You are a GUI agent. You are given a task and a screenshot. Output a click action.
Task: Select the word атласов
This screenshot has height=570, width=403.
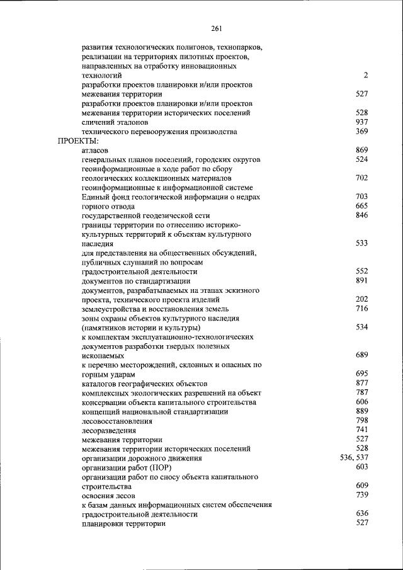pyautogui.click(x=95, y=151)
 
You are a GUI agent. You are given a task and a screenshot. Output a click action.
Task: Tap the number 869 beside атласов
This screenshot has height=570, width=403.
pyautogui.click(x=361, y=151)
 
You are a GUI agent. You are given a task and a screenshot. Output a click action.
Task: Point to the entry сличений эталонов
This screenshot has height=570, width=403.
pyautogui.click(x=115, y=122)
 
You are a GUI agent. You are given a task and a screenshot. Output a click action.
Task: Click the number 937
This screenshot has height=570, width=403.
pyautogui.click(x=361, y=122)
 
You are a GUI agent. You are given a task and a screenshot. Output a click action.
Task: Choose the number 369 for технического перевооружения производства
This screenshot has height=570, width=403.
pyautogui.click(x=361, y=132)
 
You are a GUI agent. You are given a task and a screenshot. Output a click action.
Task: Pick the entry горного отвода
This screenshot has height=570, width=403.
pyautogui.click(x=108, y=207)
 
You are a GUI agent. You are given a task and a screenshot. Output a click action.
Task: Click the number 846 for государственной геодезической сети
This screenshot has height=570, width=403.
pyautogui.click(x=361, y=215)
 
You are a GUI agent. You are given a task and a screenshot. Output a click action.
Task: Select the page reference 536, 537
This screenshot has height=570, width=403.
pyautogui.click(x=354, y=458)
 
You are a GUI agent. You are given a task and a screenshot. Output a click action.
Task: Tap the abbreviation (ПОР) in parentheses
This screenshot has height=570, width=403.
pyautogui.click(x=159, y=468)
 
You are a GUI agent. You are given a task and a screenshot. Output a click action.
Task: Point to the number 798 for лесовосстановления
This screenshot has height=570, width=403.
pyautogui.click(x=361, y=420)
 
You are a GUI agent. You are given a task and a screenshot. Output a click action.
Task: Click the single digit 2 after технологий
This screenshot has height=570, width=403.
pyautogui.click(x=365, y=76)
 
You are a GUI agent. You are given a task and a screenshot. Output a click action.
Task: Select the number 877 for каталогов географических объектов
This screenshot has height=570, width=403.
pyautogui.click(x=361, y=383)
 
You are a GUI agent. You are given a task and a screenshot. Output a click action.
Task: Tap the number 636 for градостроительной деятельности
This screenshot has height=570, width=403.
pyautogui.click(x=361, y=514)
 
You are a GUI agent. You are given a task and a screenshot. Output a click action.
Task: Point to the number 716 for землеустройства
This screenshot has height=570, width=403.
pyautogui.click(x=361, y=309)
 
